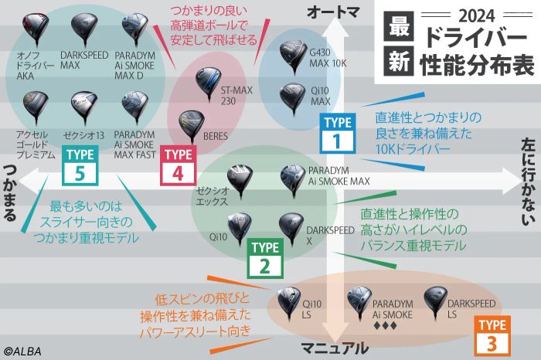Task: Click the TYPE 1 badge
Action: (337, 131)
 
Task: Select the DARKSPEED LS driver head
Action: (432, 299)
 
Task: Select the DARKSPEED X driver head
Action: (290, 225)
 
